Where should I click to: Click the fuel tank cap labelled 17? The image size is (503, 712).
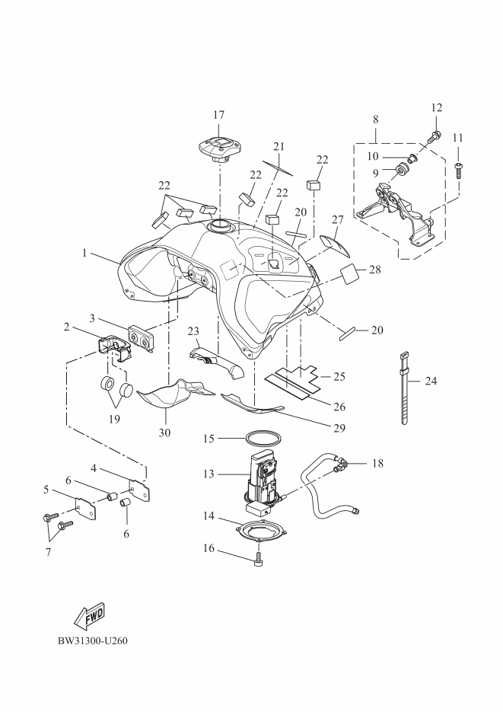point(218,147)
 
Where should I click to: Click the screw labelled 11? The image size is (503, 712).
point(459,169)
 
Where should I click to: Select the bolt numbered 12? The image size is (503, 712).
point(434,138)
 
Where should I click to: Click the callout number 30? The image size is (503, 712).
point(164,433)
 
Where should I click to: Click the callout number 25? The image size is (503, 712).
point(339,376)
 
